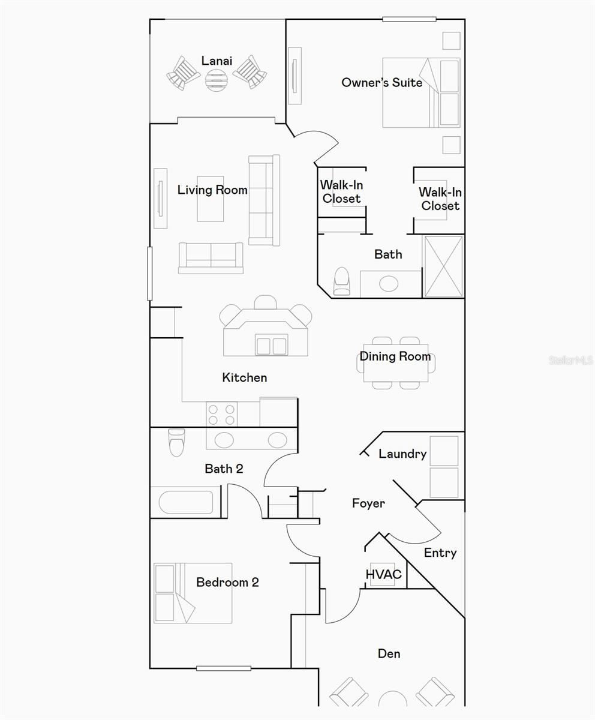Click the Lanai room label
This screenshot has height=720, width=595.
tap(217, 61)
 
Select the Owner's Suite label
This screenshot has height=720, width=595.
tap(381, 83)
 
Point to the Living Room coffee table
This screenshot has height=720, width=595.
tap(211, 199)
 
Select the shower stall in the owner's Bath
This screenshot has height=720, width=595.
tap(443, 266)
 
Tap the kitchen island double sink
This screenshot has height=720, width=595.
tap(271, 346)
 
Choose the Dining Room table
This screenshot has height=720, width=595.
tap(396, 363)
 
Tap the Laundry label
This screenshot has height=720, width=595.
tap(402, 454)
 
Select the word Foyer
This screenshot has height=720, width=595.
tap(368, 503)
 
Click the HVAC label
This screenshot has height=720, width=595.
tap(383, 575)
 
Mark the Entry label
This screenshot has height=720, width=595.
tap(440, 553)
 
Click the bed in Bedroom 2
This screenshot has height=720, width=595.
tap(193, 593)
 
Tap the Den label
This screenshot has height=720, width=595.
tap(389, 653)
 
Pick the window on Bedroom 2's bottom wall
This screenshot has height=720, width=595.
tap(223, 668)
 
